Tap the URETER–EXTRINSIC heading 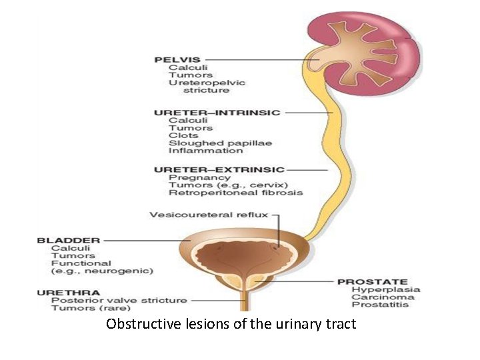click(219, 170)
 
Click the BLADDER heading click(69, 240)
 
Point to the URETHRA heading click(69, 292)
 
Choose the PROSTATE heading click(373, 281)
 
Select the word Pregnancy click(191, 177)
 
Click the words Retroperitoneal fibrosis click(235, 193)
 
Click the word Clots click(182, 135)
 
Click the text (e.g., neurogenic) click(102, 271)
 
